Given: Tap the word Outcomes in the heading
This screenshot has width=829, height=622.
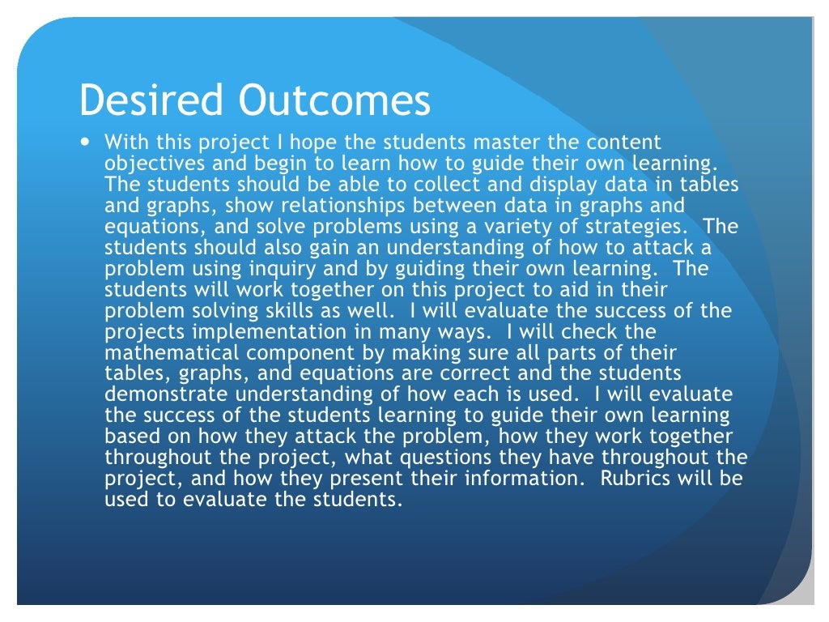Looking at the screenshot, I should (334, 101).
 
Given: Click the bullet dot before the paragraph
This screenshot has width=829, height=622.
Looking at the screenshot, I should (87, 143).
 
